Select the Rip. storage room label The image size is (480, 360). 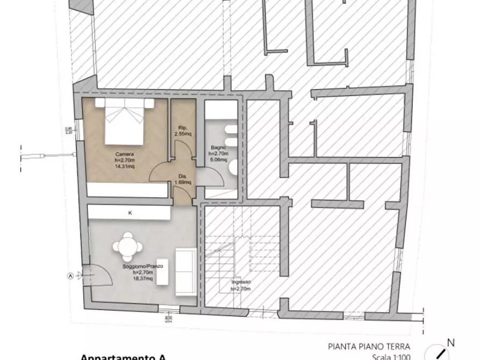[x=182, y=127]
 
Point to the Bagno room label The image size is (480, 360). [x=218, y=147]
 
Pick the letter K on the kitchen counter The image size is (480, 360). [x=130, y=213]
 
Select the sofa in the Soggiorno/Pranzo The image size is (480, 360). [x=185, y=271]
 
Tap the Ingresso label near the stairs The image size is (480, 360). [x=240, y=283]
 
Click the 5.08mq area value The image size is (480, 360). [x=218, y=159]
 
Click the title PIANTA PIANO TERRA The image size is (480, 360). [x=369, y=346]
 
